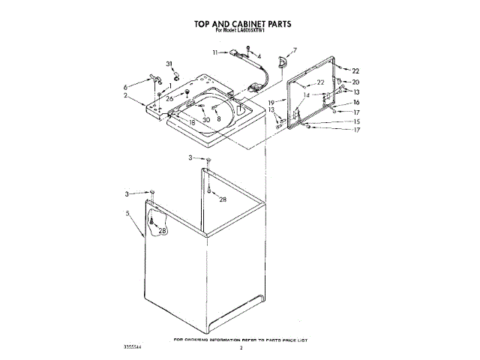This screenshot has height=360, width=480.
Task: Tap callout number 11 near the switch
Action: click(214, 52)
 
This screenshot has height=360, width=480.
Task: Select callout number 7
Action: click(295, 51)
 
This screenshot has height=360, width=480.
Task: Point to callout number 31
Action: click(169, 64)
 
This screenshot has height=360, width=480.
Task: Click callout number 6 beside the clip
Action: click(125, 87)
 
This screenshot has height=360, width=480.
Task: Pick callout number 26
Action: click(169, 99)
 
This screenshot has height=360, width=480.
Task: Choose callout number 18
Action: click(193, 121)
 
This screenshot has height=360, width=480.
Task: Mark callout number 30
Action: click(206, 119)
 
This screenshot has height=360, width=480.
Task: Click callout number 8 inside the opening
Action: click(219, 118)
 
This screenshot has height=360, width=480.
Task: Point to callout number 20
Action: click(355, 82)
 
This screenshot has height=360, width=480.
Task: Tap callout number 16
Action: click(356, 102)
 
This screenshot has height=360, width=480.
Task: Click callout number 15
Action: click(356, 121)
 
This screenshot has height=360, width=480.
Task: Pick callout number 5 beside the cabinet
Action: click(128, 213)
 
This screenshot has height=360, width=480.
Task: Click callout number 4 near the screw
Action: click(259, 57)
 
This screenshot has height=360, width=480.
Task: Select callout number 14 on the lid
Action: click(306, 95)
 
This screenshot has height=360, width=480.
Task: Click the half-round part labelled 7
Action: click(281, 63)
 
